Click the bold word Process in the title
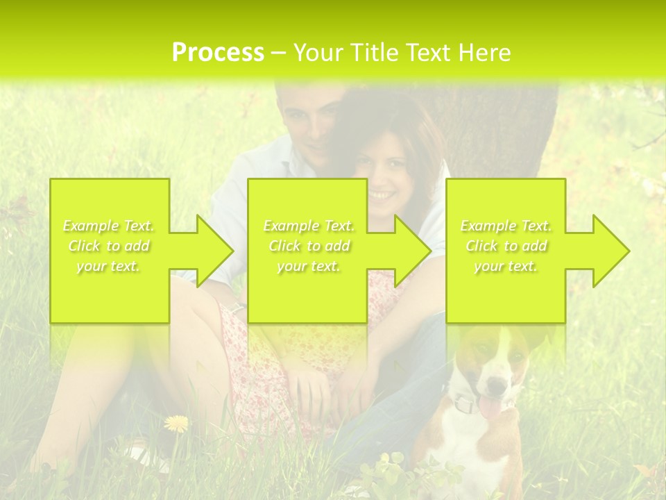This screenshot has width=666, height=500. tap(218, 53)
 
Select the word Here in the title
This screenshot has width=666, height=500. tap(485, 53)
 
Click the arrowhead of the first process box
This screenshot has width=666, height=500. tap(208, 251)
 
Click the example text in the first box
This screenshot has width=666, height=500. tap(109, 246)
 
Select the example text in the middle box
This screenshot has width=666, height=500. tap(309, 246)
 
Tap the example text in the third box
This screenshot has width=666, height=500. tap(506, 246)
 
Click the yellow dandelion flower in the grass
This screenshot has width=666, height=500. tap(177, 422)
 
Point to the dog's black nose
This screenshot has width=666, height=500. tap(497, 384)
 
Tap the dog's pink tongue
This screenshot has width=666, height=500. tap(490, 406)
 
